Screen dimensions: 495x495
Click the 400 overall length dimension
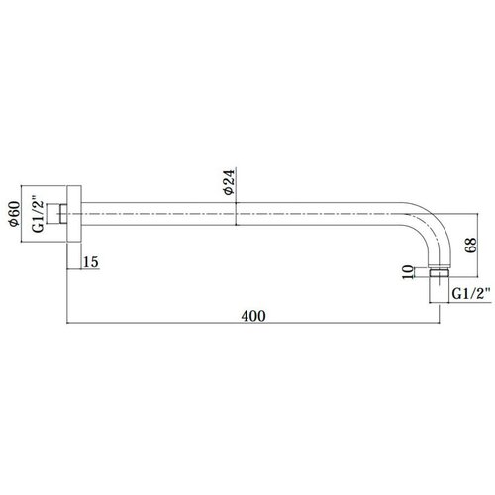(x=253, y=316)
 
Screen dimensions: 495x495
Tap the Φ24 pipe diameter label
(x=229, y=182)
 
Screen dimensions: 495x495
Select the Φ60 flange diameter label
(x=14, y=214)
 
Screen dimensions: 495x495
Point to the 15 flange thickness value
(x=91, y=262)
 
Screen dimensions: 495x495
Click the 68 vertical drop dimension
(x=471, y=246)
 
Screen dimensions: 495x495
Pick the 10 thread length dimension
(x=408, y=272)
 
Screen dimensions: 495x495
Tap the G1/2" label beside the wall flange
(x=38, y=214)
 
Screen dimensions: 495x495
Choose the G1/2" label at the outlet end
(x=471, y=293)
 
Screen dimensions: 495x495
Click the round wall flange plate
(x=74, y=214)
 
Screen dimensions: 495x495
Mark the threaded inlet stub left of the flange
(x=56, y=214)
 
